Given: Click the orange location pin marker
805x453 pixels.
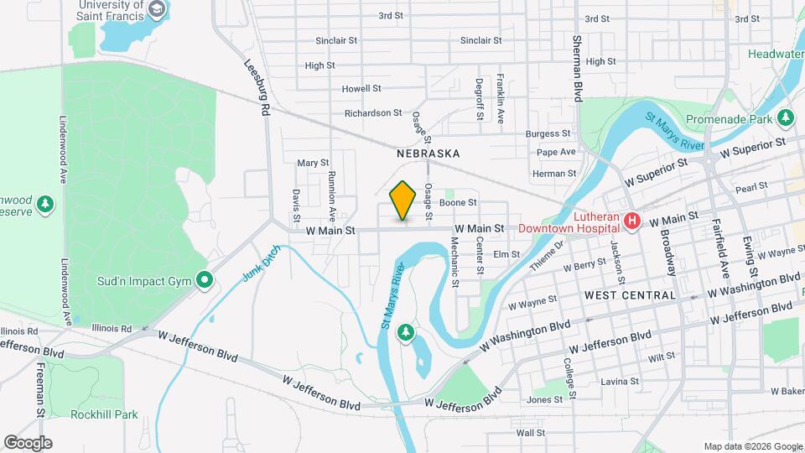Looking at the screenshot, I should (x=403, y=200).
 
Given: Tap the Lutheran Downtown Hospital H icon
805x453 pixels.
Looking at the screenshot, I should (x=632, y=221).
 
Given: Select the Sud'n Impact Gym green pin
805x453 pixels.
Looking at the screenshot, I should (x=204, y=280).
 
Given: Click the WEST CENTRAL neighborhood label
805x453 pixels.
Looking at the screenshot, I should (x=630, y=295).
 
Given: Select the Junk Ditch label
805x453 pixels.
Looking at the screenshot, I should (x=260, y=266).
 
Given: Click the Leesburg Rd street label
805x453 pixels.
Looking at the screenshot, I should (x=257, y=87).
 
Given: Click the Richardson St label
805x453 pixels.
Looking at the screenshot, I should (x=373, y=113).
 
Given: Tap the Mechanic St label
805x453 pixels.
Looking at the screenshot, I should (x=454, y=261).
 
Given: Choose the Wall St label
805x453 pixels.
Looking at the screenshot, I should (x=531, y=433).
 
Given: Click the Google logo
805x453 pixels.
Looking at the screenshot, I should (x=28, y=443).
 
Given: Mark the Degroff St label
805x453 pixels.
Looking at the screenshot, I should (x=480, y=99).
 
